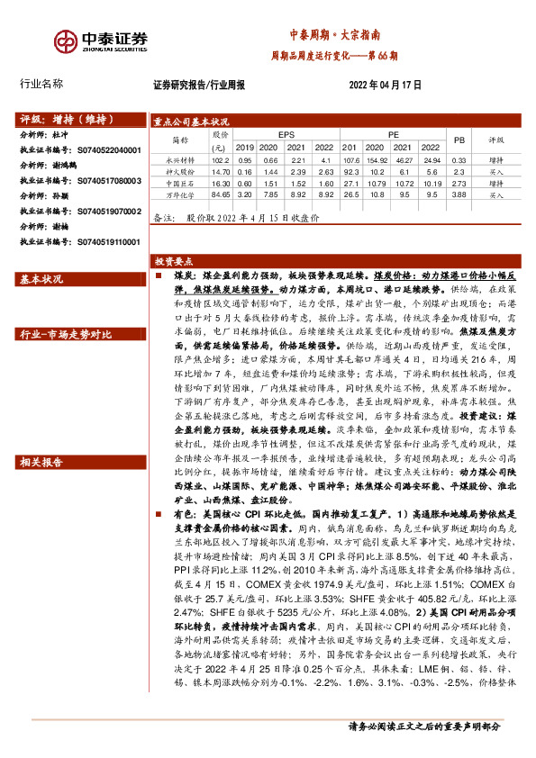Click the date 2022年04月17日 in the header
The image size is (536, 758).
385,85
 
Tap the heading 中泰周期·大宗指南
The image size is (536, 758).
334,34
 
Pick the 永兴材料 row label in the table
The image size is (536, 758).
181,158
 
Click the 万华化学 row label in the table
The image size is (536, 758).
181,194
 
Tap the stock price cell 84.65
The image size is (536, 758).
219,194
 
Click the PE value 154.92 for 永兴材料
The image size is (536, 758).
377,158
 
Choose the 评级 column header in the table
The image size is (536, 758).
496,140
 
